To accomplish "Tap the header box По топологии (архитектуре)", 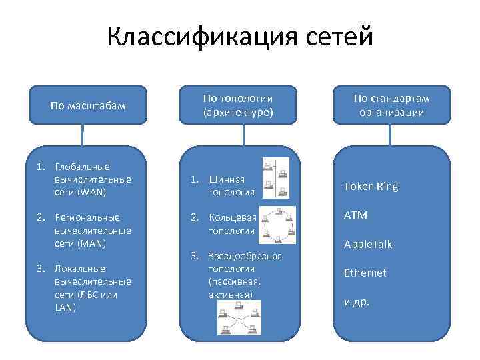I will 238,105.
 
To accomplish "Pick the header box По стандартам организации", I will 391,105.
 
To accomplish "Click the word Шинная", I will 227,179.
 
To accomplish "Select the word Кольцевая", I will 232,217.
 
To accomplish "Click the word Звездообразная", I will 245,256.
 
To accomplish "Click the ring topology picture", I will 276,225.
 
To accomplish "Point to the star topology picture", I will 238,317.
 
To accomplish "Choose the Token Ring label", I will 371,187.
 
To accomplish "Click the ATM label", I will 355,215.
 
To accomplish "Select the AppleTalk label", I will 368,245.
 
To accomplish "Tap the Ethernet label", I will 365,273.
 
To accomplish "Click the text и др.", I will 357,301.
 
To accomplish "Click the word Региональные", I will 87,217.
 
